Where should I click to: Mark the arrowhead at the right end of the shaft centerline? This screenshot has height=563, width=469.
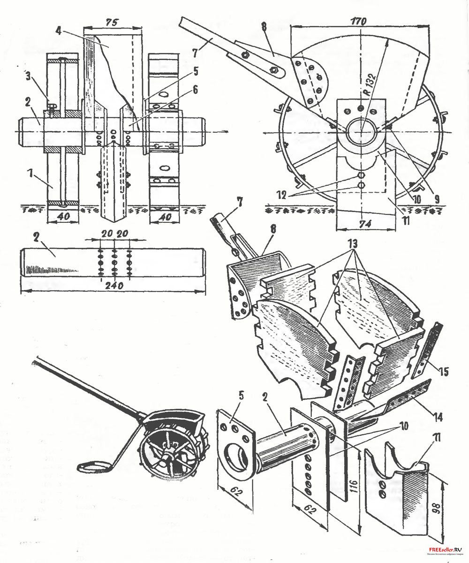tap(227, 131)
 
